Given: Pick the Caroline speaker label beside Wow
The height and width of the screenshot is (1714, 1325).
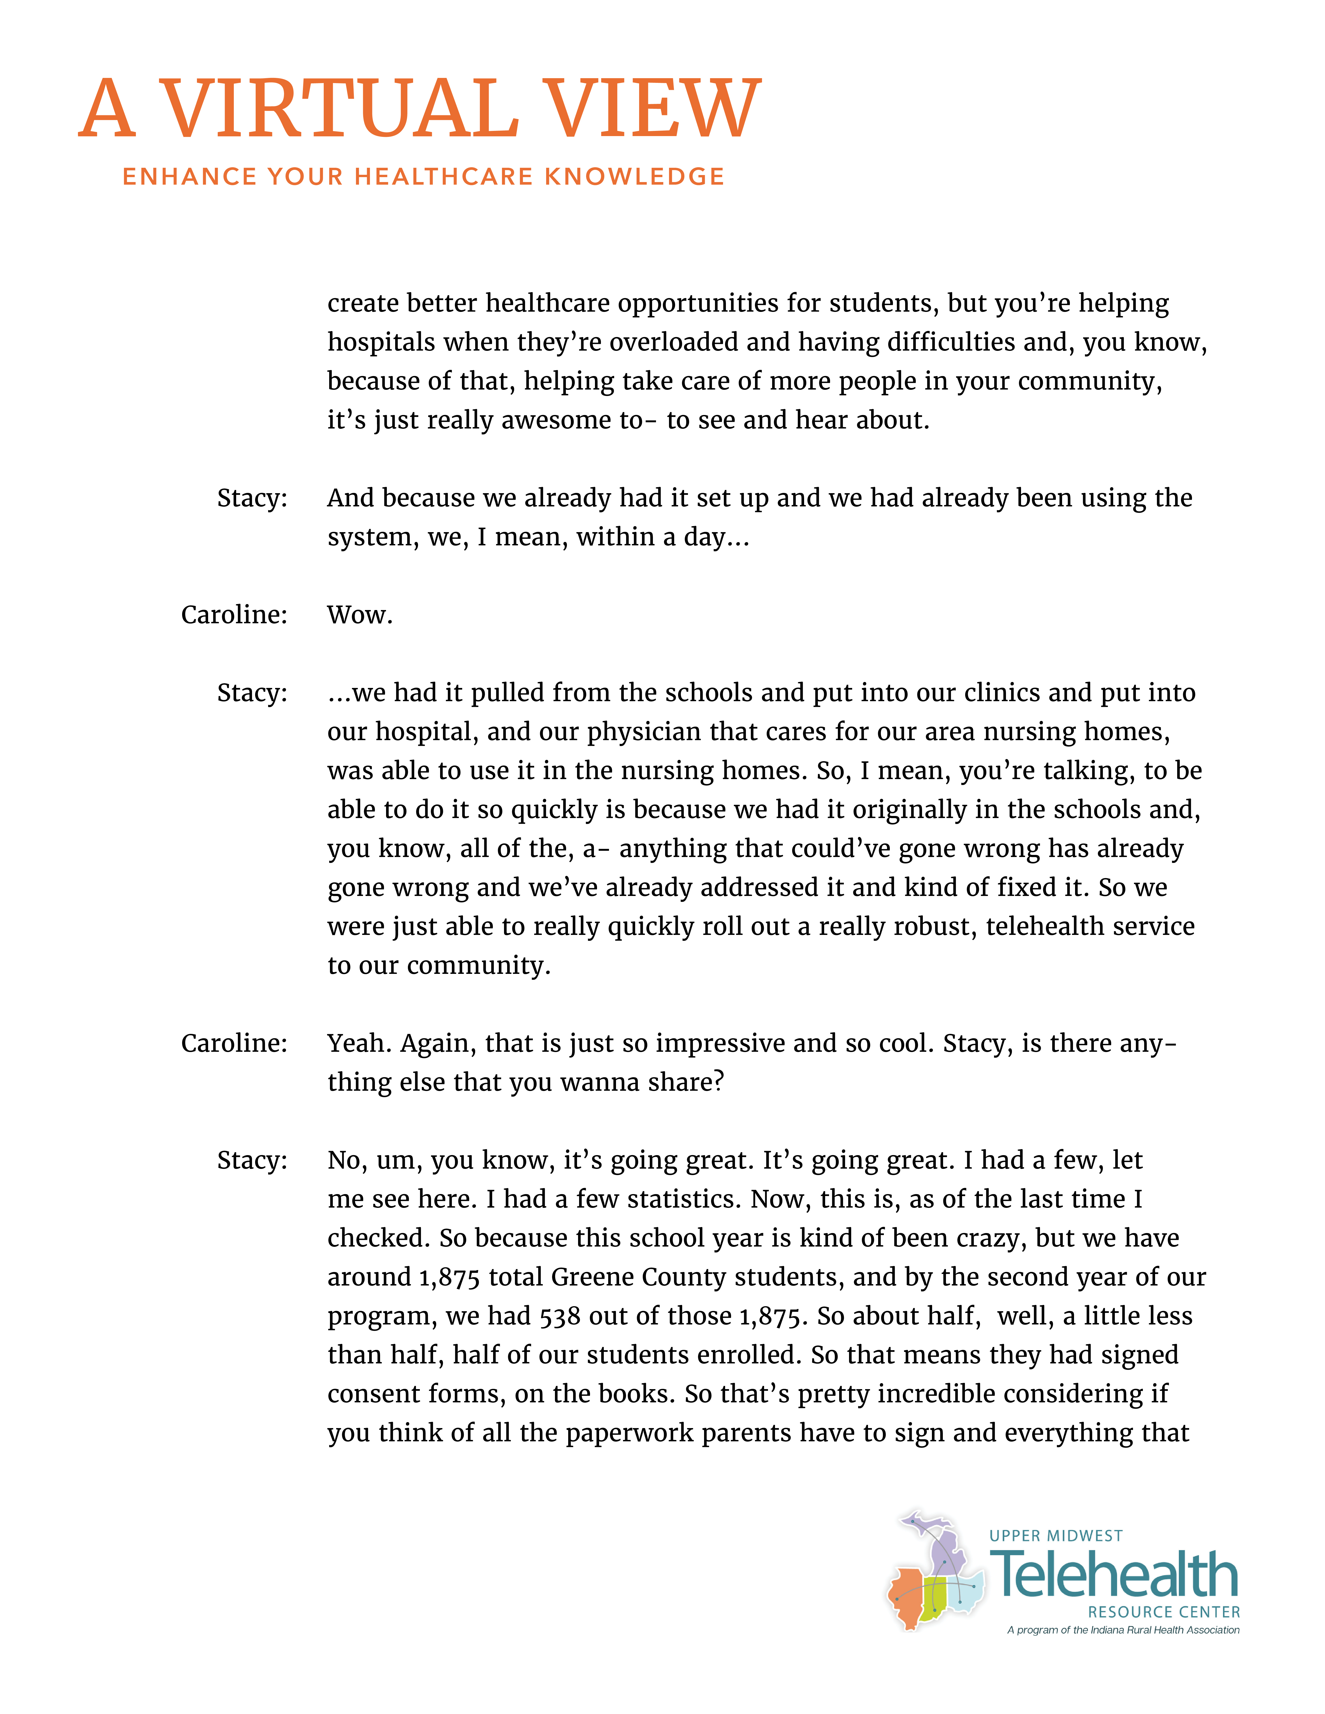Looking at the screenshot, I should [234, 614].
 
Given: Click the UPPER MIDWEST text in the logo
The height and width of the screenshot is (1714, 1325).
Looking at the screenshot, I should [1056, 1536].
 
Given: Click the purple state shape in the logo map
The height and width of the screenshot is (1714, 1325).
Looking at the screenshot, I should [946, 1550].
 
